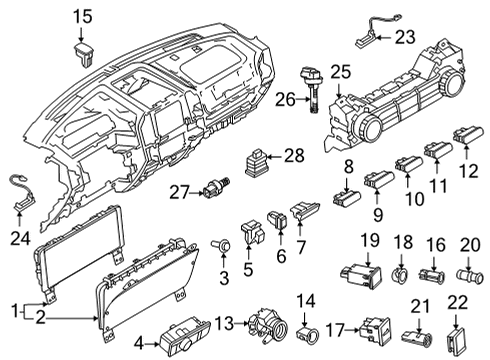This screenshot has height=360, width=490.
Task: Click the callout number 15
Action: point(81,15)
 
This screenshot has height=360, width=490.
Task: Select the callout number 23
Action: point(405,38)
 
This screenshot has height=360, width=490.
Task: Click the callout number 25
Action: point(341,74)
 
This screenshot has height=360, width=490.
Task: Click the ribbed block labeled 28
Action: point(259,160)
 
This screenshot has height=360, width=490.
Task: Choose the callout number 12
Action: point(468,170)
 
